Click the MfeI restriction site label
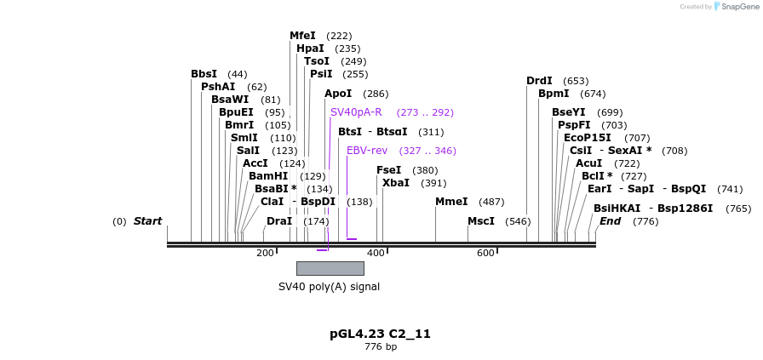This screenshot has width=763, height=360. point(302,36)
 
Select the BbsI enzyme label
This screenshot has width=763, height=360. point(204,74)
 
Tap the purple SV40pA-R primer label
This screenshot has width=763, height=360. point(356,112)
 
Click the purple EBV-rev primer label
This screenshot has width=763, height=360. point(367,151)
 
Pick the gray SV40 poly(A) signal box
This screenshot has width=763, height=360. point(330,268)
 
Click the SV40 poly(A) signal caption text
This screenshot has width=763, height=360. point(329,287)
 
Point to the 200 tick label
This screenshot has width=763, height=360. point(265,253)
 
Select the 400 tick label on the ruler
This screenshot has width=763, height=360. point(376,253)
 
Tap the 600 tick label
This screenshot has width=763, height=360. point(485,253)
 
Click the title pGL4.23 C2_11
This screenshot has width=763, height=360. point(380,334)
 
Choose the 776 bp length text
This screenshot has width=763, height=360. point(380,346)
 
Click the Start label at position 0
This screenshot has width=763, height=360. point(147,221)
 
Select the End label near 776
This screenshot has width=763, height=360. point(610,221)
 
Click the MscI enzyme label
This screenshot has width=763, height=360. point(481,221)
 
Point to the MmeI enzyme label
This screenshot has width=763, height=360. point(451,202)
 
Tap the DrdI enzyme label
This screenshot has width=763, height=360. point(539,81)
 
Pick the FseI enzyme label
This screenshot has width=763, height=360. point(389,170)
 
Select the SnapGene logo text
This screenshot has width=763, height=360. point(737,7)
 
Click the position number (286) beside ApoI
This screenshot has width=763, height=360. point(376,94)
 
